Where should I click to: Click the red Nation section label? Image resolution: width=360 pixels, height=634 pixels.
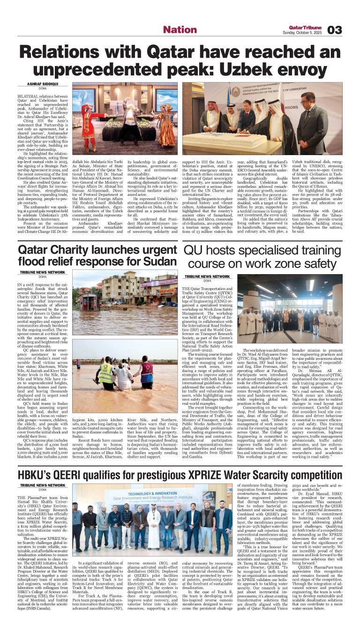click(x=180, y=30)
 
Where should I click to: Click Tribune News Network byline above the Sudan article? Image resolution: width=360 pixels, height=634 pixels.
click(x=42, y=272)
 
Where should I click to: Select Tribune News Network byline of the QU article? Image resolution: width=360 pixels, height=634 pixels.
click(x=207, y=276)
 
